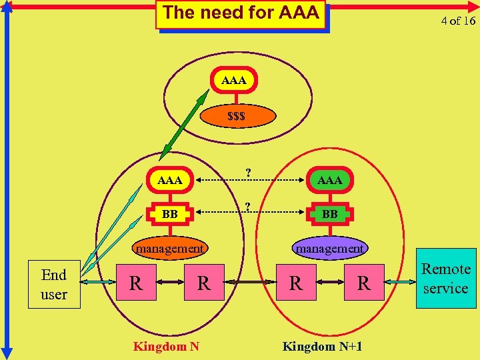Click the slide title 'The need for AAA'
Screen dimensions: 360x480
tap(241, 13)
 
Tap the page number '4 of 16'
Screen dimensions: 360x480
tap(457, 21)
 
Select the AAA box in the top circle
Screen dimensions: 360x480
tap(233, 81)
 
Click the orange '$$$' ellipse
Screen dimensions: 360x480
tap(236, 116)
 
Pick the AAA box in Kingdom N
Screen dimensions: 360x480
tap(169, 181)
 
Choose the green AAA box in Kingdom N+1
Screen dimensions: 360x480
tap(329, 181)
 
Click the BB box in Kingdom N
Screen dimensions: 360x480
tap(169, 215)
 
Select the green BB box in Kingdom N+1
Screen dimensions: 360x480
tap(329, 215)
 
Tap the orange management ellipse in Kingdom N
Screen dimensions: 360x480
tap(169, 249)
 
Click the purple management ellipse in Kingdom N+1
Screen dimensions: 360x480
tap(329, 249)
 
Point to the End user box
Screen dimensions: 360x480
tap(54, 284)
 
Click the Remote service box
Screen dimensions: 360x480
tap(446, 279)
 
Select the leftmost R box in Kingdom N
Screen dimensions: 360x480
tap(135, 283)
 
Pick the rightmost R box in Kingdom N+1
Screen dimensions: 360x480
tap(363, 283)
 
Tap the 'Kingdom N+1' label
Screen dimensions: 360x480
tap(323, 347)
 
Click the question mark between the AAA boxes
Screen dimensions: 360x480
tap(248, 173)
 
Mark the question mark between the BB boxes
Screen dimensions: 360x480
tap(248, 206)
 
